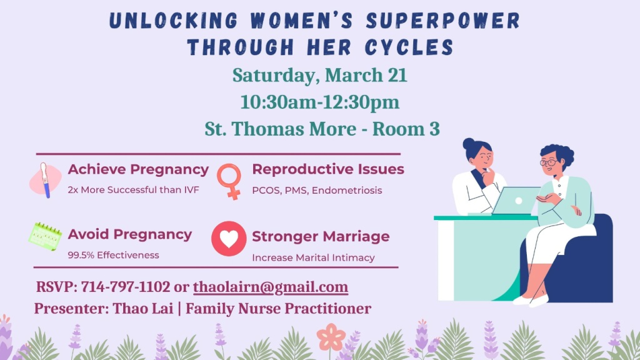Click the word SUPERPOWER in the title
443,21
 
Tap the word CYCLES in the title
409,47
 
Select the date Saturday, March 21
319,76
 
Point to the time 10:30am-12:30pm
319,102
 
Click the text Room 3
406,129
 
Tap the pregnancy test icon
45,180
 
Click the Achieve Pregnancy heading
138,169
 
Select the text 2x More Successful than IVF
134,190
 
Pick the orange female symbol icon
229,181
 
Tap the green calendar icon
45,236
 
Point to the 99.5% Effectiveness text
114,255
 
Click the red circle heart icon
229,239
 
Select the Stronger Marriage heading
321,237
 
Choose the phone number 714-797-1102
125,287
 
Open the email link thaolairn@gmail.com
271,287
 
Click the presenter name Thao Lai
143,309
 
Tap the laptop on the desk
516,201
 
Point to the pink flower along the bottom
331,337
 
